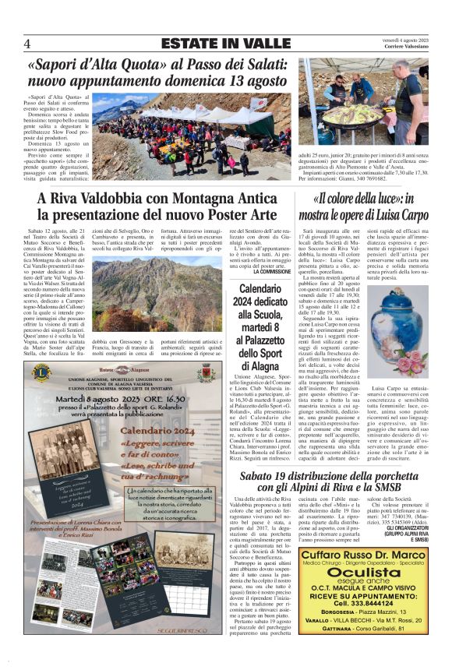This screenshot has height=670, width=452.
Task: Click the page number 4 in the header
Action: pos(27,44)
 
